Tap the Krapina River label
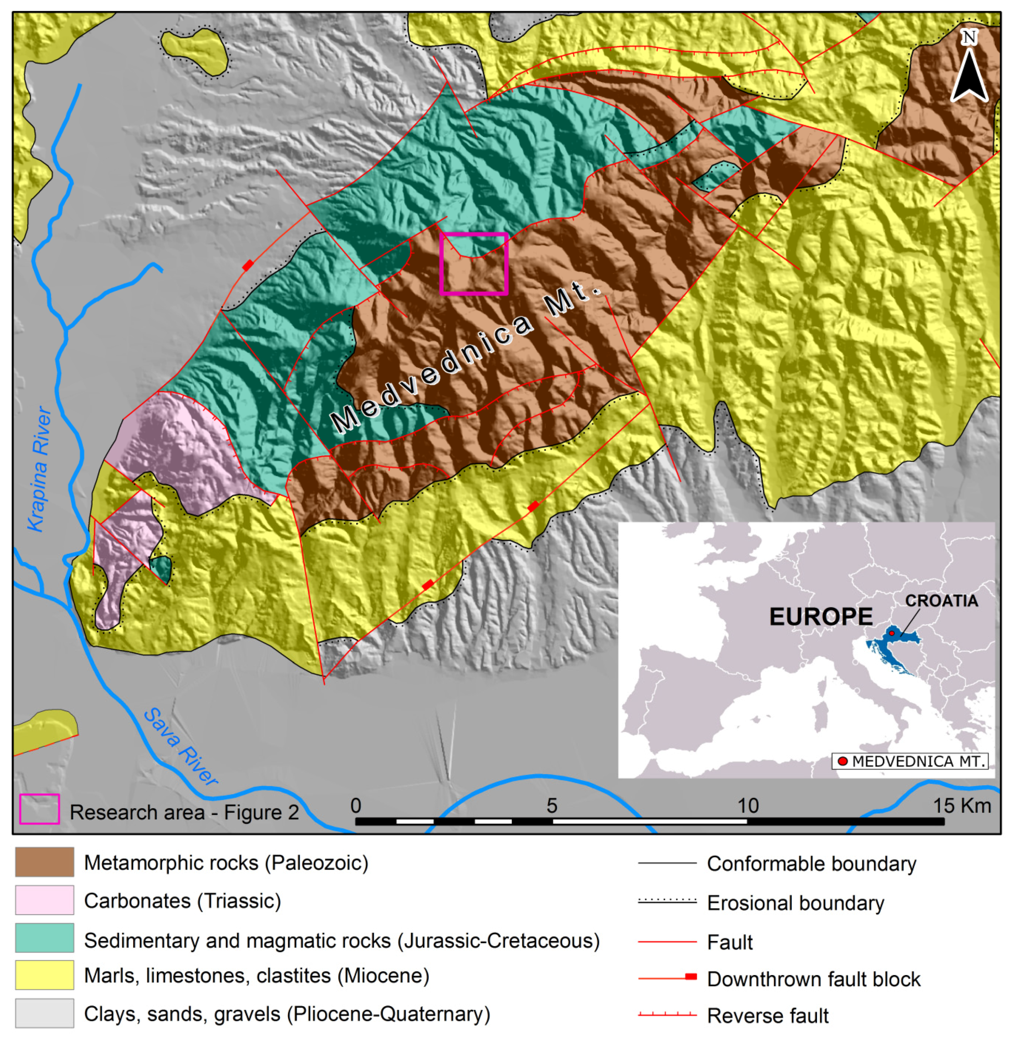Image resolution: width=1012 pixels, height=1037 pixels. coord(40,469)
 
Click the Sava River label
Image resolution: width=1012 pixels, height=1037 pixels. coord(181,747)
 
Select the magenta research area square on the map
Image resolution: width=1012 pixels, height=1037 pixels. coord(474,263)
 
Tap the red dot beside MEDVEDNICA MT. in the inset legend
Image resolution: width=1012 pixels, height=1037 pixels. coord(842,761)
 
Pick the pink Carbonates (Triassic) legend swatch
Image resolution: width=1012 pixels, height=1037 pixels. coord(45,900)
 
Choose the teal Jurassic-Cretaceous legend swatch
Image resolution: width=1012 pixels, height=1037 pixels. coord(45,938)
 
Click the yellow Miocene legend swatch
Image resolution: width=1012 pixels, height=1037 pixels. coord(45,975)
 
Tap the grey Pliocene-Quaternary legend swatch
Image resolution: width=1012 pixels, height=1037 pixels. coord(45,1013)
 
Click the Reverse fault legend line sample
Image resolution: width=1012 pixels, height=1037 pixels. coord(667,1014)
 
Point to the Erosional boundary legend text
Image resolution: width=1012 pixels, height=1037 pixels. coord(795,903)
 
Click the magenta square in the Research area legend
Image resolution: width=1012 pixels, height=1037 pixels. coord(39,809)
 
